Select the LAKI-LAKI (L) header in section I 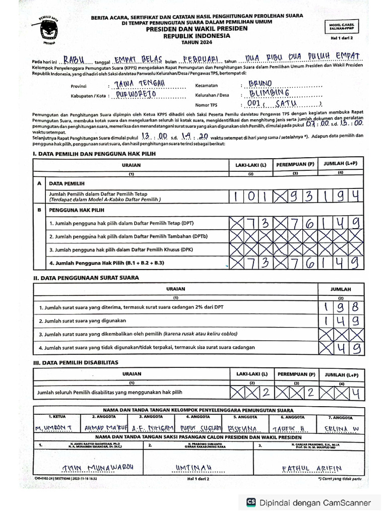[250, 165]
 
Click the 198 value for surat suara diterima [341, 306]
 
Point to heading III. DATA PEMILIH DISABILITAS [76, 362]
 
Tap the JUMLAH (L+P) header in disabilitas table [341, 374]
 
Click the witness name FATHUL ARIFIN [308, 469]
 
